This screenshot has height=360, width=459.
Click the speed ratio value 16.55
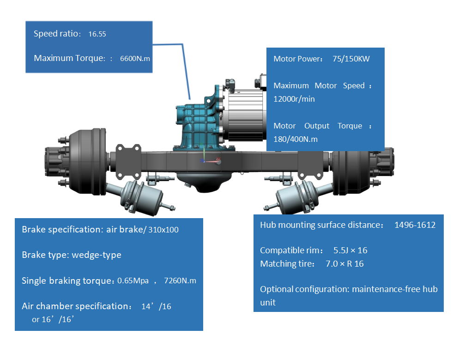[97, 34]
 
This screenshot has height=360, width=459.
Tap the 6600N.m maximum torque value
[135, 59]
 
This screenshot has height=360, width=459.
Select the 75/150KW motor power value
[351, 59]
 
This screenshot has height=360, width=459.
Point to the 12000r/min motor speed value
[295, 99]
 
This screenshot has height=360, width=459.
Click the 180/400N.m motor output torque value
[296, 139]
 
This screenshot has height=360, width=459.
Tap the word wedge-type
[97, 255]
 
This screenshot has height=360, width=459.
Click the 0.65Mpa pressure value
[133, 281]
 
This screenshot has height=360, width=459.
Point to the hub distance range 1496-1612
[415, 225]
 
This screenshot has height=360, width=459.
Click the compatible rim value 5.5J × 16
[350, 250]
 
